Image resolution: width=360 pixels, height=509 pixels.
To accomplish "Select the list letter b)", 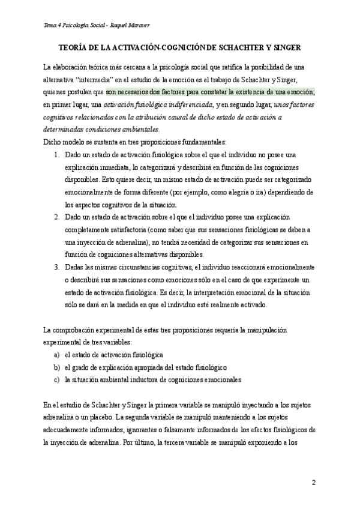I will [x=57, y=367].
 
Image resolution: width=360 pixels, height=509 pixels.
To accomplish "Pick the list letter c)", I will [x=57, y=380].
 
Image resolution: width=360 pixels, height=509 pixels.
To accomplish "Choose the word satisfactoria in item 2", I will [x=134, y=230].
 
